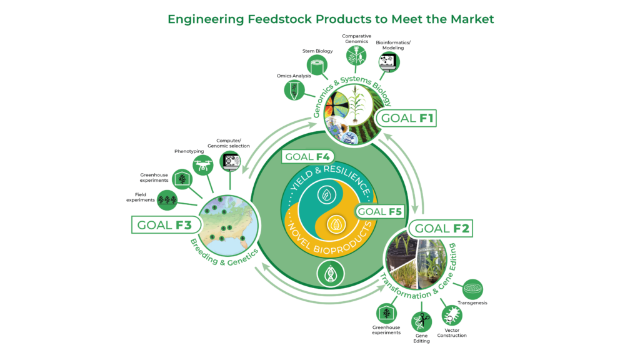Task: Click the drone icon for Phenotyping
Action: (202, 165)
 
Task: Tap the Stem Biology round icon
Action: (317, 66)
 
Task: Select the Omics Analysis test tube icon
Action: (293, 91)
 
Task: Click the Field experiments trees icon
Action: (167, 200)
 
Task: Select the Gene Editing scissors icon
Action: (421, 322)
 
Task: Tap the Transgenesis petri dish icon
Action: (472, 289)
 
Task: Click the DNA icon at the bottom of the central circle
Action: (329, 274)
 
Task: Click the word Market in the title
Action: (467, 19)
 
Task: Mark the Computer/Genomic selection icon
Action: (231, 162)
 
